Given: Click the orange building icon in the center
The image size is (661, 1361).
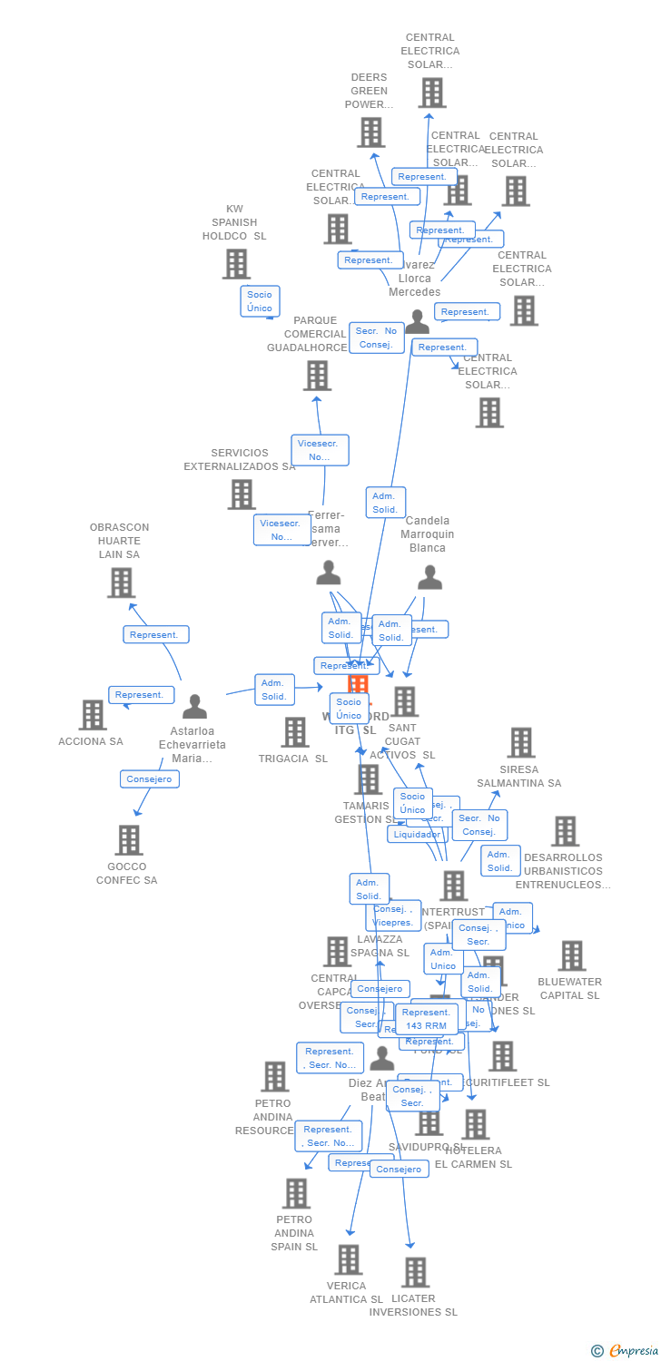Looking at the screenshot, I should (359, 684).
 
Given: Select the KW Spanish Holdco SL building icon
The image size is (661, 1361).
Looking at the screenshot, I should (236, 264).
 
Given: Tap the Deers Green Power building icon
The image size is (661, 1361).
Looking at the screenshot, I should (370, 132).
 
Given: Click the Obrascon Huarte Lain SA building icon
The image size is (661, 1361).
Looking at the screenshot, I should (121, 583).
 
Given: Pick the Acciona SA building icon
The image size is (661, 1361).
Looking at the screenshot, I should (93, 715).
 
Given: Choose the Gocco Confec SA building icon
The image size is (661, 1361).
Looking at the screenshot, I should (129, 840).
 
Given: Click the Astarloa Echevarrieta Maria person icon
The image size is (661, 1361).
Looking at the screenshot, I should (194, 707).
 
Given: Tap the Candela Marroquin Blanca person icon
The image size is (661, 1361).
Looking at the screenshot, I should (429, 578).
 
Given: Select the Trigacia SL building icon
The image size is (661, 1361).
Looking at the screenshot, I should (295, 732).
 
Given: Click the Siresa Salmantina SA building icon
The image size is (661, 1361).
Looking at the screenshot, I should (520, 742).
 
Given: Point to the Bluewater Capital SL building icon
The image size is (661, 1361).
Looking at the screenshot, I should (571, 955).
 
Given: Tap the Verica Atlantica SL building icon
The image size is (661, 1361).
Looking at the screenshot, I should (349, 1259).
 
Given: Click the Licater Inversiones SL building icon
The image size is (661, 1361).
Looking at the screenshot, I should (415, 1272).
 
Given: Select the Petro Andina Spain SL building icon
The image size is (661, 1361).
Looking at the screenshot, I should (296, 1193).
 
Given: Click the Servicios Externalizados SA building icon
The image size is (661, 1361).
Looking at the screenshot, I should (242, 494).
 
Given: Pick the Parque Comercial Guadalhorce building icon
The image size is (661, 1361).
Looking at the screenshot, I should (317, 376).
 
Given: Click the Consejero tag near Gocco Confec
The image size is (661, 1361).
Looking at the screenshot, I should (149, 778).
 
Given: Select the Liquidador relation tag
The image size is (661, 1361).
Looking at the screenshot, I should (417, 834).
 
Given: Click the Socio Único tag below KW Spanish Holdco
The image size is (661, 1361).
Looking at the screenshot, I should (260, 301).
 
